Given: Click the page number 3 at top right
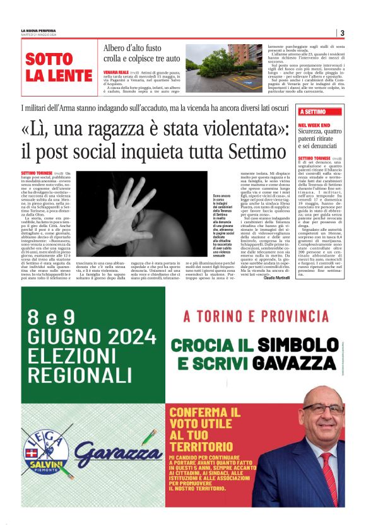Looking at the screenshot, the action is click(x=341, y=33).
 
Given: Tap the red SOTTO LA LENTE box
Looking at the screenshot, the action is click(x=59, y=68).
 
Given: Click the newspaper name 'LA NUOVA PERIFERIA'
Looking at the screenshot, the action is click(x=38, y=30).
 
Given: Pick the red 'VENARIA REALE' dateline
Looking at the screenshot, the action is click(x=116, y=73).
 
